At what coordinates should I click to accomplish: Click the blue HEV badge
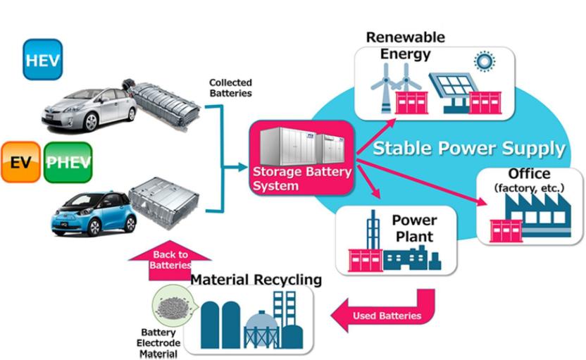click(42, 59)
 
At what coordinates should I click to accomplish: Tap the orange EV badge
click(20, 162)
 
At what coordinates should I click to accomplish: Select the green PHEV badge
click(68, 162)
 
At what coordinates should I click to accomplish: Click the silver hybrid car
click(89, 109)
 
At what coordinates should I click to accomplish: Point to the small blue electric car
click(94, 214)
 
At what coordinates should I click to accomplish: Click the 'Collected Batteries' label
click(230, 88)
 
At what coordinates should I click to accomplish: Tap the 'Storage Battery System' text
click(301, 179)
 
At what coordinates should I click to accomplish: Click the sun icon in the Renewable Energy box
click(485, 61)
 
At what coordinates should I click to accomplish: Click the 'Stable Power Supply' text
click(469, 149)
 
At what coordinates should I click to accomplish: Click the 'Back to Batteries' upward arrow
click(170, 261)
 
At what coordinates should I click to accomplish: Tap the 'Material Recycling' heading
click(256, 280)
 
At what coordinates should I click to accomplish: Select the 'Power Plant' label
click(414, 228)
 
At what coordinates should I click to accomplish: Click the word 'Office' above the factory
click(529, 173)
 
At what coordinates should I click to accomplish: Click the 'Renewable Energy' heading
click(406, 45)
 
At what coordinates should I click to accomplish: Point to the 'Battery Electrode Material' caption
click(158, 343)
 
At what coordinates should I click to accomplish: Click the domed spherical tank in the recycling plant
click(261, 330)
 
